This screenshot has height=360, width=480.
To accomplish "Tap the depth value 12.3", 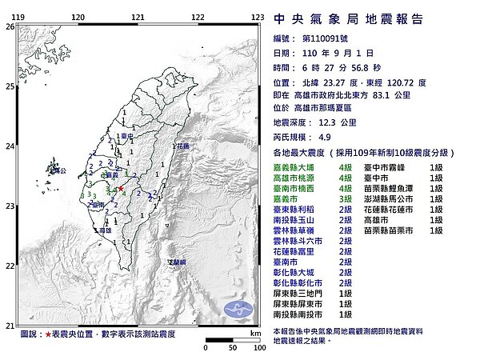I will click(x=314, y=122).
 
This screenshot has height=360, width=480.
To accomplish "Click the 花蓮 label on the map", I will click(x=183, y=147).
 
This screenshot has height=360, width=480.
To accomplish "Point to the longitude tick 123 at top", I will click(x=258, y=17).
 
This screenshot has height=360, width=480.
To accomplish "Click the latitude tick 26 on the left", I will click(x=9, y=26).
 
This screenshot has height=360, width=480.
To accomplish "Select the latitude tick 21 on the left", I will click(x=9, y=325).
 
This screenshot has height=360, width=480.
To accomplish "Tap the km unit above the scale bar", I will click(x=254, y=332).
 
